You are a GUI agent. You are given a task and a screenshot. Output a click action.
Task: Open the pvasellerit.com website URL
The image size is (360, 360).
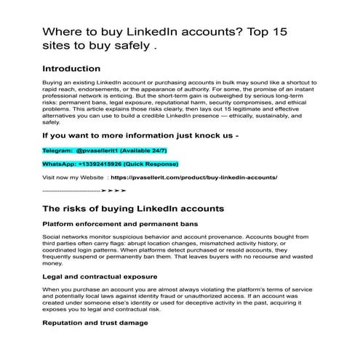coord(194,177)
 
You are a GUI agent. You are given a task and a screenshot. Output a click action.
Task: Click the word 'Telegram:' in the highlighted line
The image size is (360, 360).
coord(58,149)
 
